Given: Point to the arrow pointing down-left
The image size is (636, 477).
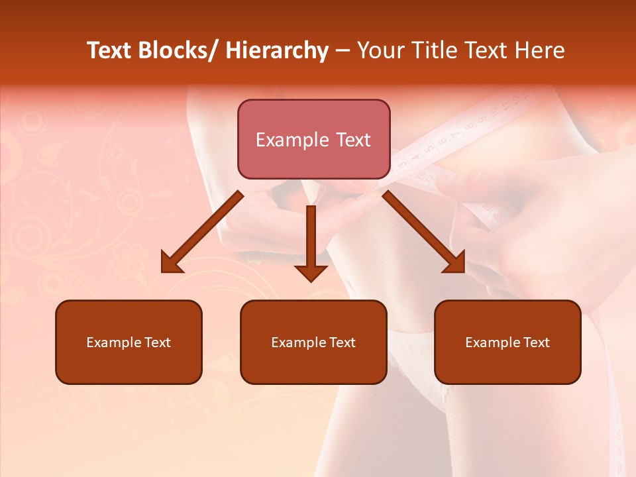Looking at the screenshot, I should point(202,232).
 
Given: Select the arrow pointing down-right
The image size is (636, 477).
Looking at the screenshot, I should point(424,232).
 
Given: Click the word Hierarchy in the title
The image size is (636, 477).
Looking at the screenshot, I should point(277,50).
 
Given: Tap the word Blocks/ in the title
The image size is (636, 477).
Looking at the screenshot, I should point(178,50).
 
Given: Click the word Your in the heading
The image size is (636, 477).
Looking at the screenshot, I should point(381,50).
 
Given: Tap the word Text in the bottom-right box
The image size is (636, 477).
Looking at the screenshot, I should point(536,343).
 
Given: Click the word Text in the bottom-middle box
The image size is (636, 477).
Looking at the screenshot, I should point(342,343).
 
